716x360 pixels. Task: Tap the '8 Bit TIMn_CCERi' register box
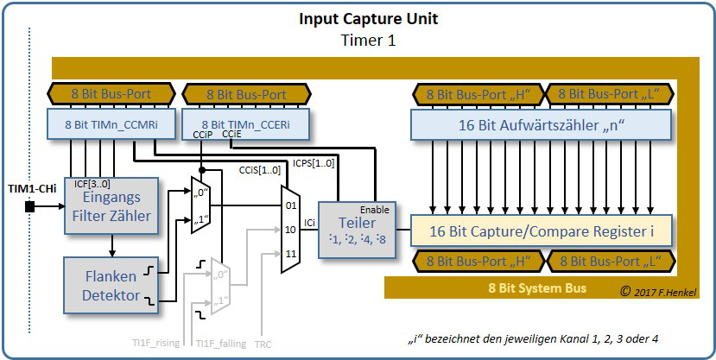[245, 124]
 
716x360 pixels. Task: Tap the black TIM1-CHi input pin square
[30, 206]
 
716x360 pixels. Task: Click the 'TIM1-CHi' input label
[29, 188]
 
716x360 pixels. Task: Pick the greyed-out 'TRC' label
[263, 343]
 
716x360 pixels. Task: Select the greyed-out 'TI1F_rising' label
[156, 343]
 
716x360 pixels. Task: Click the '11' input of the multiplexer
[291, 254]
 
